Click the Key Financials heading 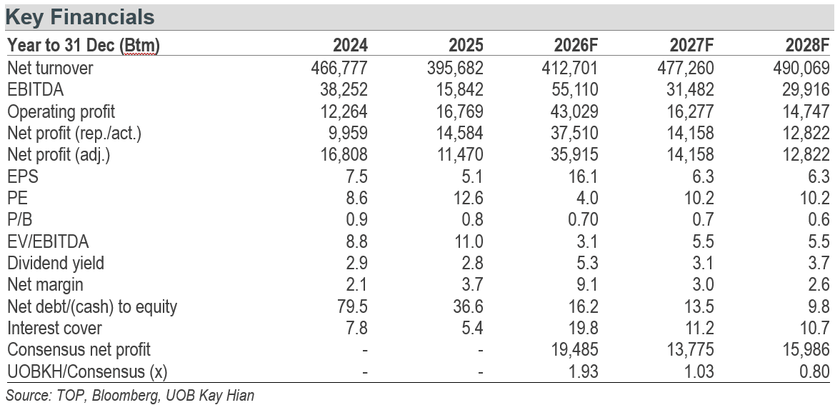tap(80, 17)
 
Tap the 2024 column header tap(350, 45)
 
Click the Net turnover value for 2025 tap(456, 68)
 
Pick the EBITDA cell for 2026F tap(575, 89)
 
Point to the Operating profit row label tap(61, 112)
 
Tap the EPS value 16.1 tap(584, 176)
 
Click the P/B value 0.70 tap(580, 220)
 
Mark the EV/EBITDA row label tap(48, 241)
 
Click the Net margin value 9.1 tap(587, 285)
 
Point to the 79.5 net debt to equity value tap(354, 306)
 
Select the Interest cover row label tap(54, 329)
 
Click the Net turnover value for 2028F tap(801, 68)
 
